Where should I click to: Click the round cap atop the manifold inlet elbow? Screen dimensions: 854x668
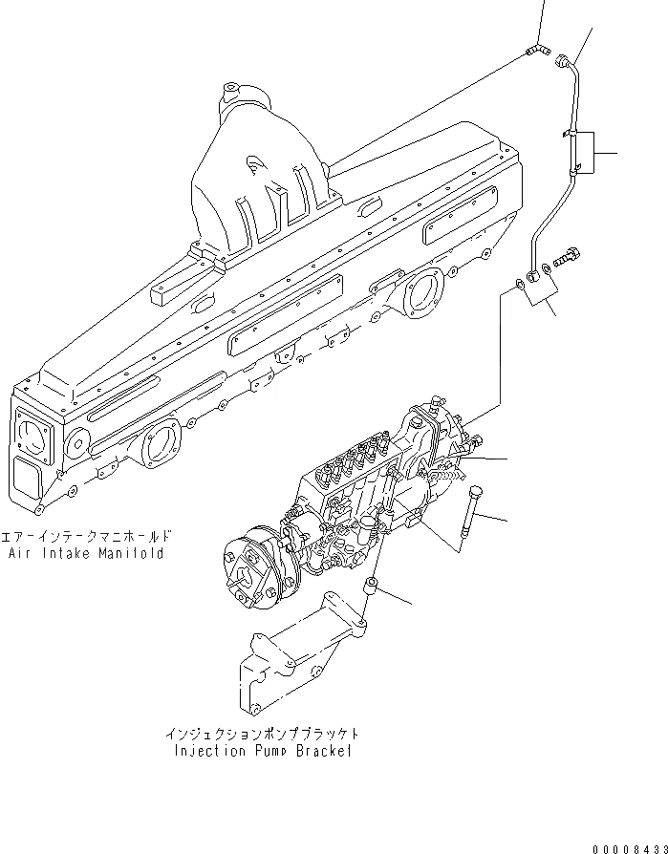coord(235,96)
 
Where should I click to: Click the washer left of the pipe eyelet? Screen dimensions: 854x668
coord(516,284)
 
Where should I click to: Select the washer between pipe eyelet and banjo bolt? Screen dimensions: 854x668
coord(545,269)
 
